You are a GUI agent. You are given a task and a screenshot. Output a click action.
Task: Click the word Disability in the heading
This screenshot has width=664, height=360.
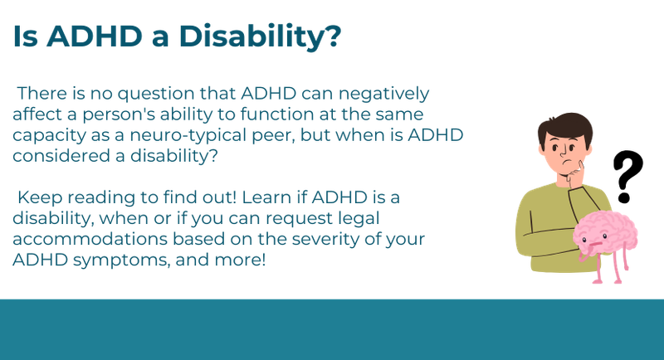263,37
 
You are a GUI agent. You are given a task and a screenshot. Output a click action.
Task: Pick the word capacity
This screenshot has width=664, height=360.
42,134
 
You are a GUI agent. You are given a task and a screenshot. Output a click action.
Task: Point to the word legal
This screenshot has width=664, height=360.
354,218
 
